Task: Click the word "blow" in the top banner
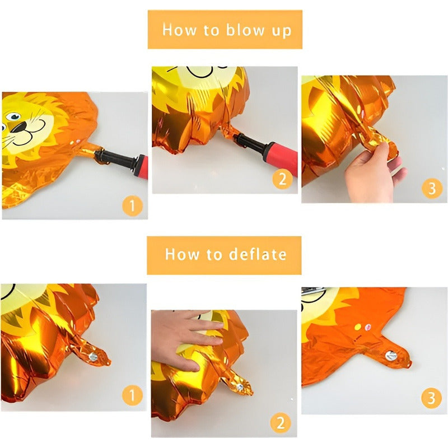point(245,30)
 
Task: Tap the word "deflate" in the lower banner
point(258,254)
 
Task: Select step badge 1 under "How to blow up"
point(132,206)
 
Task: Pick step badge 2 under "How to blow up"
point(282,179)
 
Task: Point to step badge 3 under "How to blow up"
point(432,188)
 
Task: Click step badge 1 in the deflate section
point(132,395)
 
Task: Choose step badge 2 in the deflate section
point(281,423)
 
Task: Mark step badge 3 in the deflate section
point(431,398)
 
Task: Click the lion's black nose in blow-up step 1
point(20,127)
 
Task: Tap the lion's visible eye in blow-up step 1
point(13,116)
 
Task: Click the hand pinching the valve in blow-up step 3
point(371,171)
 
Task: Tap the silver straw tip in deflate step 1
point(93,357)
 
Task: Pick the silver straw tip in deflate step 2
point(240,387)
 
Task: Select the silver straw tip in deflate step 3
point(391,356)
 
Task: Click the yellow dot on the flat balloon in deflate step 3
point(358,327)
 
